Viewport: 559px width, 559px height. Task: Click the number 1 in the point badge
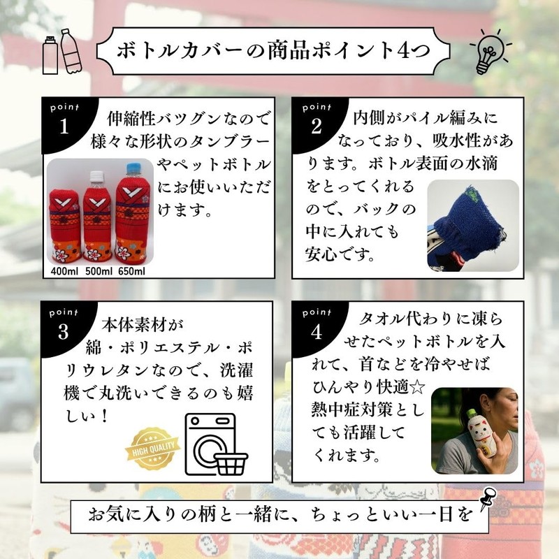click(x=65, y=128)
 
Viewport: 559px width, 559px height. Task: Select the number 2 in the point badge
click(x=316, y=127)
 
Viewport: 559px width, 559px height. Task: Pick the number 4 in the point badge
click(x=316, y=331)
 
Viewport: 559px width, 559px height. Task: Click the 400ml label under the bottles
click(x=66, y=270)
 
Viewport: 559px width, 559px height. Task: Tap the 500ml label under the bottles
click(x=99, y=270)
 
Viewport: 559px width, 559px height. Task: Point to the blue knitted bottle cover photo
click(x=472, y=225)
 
